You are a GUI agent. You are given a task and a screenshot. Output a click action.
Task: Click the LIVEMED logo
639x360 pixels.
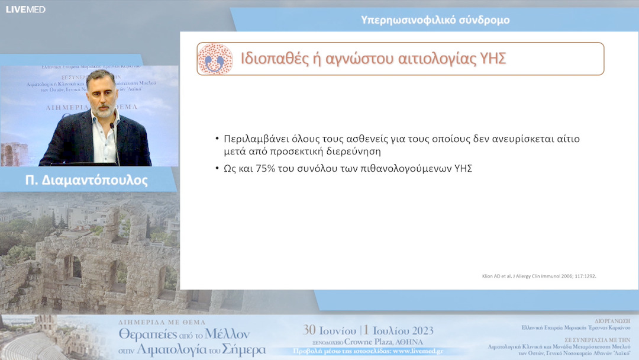coord(25,9)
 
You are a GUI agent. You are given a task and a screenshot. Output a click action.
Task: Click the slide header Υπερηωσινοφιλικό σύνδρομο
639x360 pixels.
coord(435,20)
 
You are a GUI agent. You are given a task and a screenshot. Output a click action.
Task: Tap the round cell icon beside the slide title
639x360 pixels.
coord(215,59)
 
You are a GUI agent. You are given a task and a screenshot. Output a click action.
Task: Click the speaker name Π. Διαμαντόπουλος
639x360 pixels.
coord(87,180)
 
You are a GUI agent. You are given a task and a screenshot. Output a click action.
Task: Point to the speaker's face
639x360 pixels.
coord(101,93)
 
